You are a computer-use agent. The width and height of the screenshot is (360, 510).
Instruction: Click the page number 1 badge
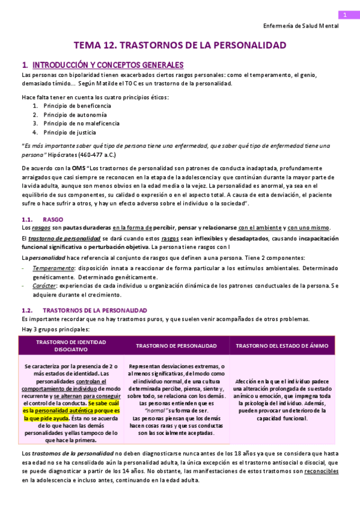pos(345,15)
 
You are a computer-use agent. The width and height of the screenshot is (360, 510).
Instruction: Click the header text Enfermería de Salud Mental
pos(301,26)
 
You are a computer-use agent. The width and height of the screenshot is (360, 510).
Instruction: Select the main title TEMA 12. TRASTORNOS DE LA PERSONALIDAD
pos(180,45)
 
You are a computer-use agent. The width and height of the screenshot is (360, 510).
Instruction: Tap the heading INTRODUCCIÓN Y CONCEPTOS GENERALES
pos(108,65)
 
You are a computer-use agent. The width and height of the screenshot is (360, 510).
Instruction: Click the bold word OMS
pos(79,168)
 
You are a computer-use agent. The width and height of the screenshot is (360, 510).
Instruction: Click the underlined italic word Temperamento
pos(50,268)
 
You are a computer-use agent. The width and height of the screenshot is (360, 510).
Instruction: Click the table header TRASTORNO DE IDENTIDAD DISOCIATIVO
pos(71,345)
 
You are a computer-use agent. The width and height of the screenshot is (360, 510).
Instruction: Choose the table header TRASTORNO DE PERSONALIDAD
pos(176,346)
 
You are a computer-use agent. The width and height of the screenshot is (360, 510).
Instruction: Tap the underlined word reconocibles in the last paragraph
pos(321,472)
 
